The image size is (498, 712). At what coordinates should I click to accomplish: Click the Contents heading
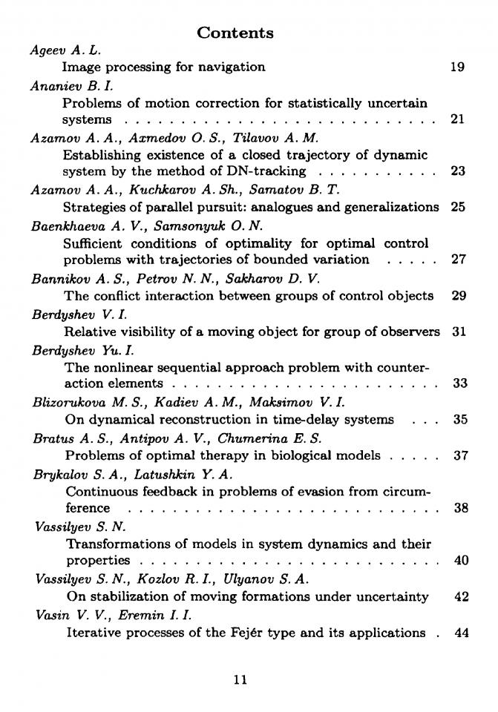click(x=235, y=33)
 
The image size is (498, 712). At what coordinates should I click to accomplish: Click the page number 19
click(x=457, y=67)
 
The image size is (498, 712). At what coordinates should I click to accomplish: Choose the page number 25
click(x=458, y=207)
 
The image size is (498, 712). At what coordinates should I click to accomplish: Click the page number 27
click(x=459, y=260)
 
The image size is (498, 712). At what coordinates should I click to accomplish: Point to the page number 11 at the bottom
click(x=240, y=679)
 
